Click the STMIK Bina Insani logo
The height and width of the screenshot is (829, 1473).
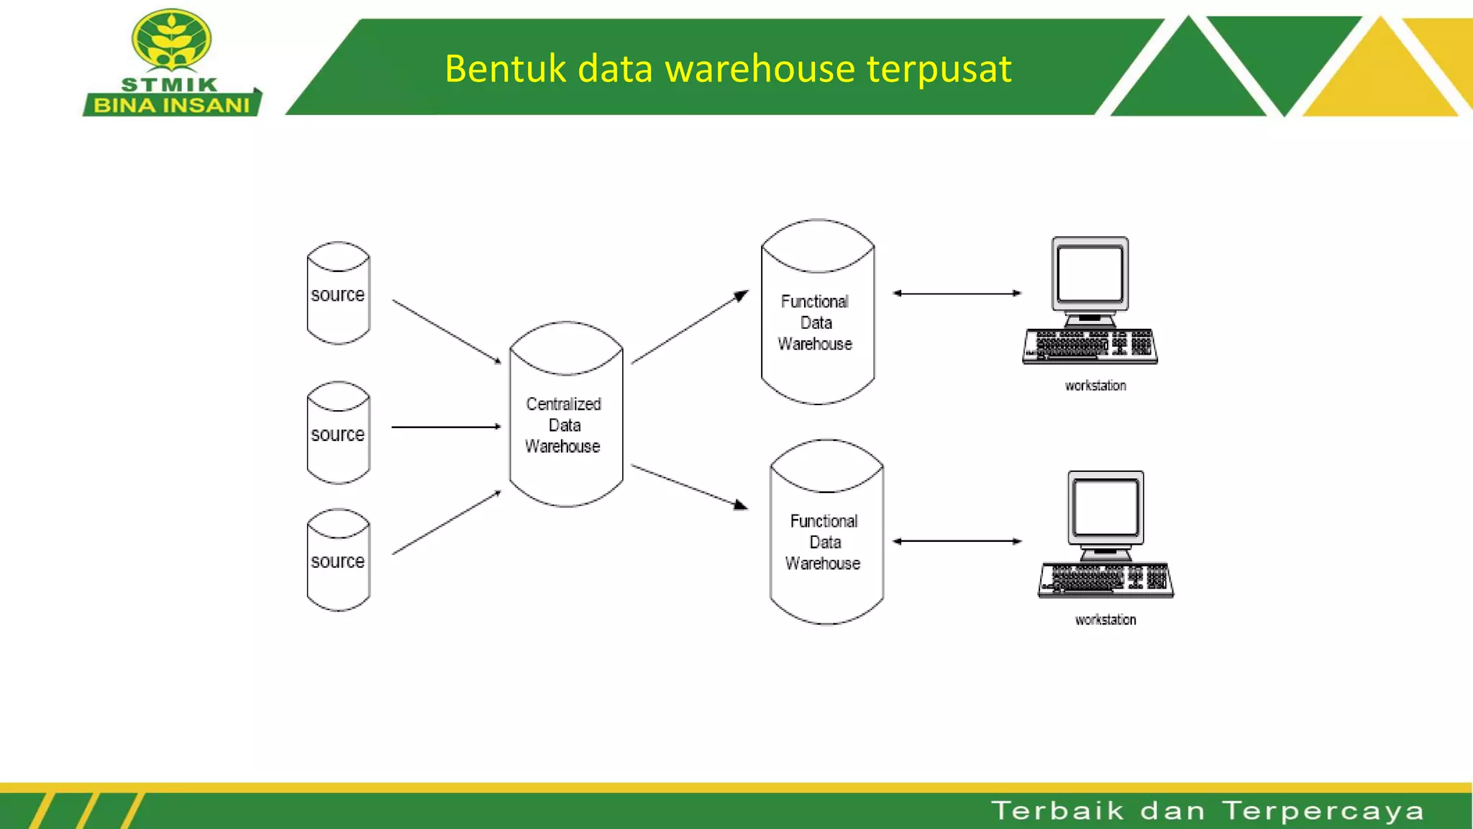[x=172, y=63]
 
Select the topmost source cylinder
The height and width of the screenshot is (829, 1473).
[x=338, y=294]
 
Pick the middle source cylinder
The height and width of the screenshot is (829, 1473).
[x=338, y=433]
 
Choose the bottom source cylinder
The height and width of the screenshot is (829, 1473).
[x=338, y=560]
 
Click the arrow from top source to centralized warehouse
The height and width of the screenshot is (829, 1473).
[x=446, y=331]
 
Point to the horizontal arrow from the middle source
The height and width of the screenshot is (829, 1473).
[x=446, y=427]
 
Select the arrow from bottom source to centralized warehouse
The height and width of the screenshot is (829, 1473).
[x=446, y=523]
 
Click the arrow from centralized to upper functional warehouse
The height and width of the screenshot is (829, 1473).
[x=689, y=328]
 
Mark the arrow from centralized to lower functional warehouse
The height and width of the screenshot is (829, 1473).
[x=689, y=487]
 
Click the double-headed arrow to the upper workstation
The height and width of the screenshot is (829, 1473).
[x=957, y=294]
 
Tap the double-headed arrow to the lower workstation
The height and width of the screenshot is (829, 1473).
[x=957, y=541]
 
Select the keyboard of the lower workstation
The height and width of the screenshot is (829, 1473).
[x=1106, y=579]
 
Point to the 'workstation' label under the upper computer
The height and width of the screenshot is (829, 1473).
[x=1095, y=386]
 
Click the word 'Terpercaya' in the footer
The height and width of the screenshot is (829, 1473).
[x=1323, y=811]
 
